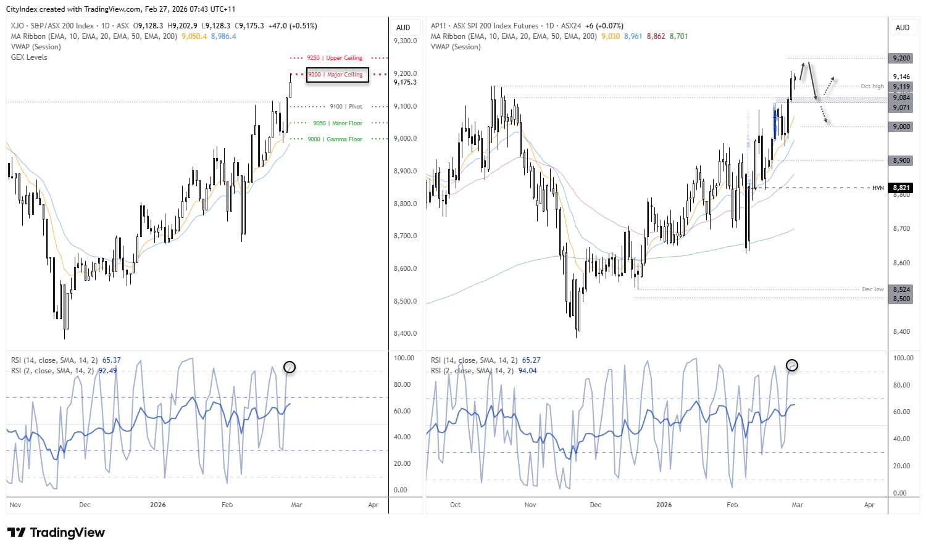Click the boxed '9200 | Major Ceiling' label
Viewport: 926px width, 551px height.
point(338,75)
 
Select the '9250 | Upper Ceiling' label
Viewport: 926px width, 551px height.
point(335,58)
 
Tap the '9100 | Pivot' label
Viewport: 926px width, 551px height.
point(346,107)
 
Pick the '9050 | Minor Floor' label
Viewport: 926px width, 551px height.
point(338,123)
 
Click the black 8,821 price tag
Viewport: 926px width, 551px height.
point(901,188)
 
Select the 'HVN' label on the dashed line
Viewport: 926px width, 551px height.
point(877,188)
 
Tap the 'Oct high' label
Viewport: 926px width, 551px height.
point(872,86)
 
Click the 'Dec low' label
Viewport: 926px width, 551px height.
point(872,289)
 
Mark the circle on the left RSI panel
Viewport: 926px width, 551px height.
point(290,367)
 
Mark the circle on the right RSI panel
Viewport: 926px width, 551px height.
point(792,365)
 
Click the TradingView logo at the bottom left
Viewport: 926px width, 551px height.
point(56,532)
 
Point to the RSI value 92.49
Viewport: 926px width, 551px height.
point(107,371)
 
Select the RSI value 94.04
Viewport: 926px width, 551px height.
point(527,371)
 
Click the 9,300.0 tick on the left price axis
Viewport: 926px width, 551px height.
point(405,41)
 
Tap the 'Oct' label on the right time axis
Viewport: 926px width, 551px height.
point(455,505)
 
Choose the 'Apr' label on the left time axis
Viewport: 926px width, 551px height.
point(373,505)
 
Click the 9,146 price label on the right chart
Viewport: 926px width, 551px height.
point(901,77)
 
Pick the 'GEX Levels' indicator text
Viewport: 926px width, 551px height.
point(29,57)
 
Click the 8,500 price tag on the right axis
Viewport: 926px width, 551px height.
point(901,299)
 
